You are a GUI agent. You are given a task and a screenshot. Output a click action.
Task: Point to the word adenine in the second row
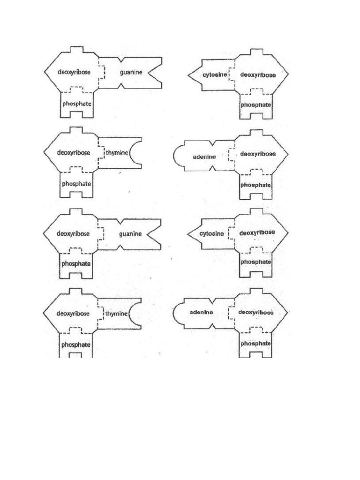click(205, 157)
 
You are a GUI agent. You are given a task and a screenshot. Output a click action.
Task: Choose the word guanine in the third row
click(131, 233)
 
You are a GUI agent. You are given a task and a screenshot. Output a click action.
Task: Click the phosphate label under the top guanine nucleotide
click(77, 104)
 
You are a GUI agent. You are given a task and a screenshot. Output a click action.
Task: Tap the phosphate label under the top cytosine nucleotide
click(256, 105)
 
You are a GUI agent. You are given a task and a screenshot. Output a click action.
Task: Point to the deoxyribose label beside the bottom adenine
click(256, 312)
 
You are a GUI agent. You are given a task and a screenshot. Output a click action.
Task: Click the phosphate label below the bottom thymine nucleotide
click(76, 345)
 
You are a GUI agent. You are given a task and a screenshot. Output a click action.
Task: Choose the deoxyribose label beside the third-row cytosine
click(257, 233)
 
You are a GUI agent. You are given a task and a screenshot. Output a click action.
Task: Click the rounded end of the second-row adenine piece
click(177, 157)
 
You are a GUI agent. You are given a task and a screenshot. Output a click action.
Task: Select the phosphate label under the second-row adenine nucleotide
click(256, 185)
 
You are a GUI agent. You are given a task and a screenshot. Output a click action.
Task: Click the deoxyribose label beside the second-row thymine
click(74, 152)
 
